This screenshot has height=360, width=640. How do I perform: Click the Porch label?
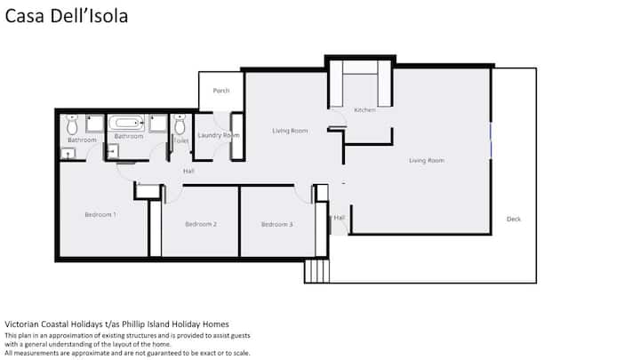(x=221, y=91)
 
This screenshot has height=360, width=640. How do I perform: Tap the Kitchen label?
(x=364, y=110)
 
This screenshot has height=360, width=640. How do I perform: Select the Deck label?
(x=514, y=219)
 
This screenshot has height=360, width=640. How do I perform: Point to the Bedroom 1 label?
(x=100, y=214)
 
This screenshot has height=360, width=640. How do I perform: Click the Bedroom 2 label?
(x=201, y=224)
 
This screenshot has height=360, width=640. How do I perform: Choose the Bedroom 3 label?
(x=277, y=224)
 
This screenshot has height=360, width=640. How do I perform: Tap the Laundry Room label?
(x=219, y=135)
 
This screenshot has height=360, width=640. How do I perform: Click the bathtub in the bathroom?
(x=126, y=123)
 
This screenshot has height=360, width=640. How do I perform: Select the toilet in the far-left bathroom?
(x=72, y=124)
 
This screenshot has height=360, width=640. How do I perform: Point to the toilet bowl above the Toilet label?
(x=180, y=124)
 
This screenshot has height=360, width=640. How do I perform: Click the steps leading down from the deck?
(x=316, y=271)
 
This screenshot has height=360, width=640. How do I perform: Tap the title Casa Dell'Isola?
(x=67, y=16)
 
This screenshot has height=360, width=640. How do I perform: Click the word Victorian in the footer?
(x=21, y=324)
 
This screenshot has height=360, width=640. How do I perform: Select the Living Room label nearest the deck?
(x=427, y=160)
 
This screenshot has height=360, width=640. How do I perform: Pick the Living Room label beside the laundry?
(x=290, y=131)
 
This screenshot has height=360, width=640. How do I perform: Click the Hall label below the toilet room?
(x=188, y=171)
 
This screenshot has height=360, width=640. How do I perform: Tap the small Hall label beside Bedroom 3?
(x=340, y=218)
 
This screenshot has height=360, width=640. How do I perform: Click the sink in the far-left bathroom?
(x=68, y=154)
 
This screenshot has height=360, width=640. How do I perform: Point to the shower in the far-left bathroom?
(x=95, y=124)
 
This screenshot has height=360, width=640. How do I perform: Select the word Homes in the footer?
(x=215, y=324)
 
